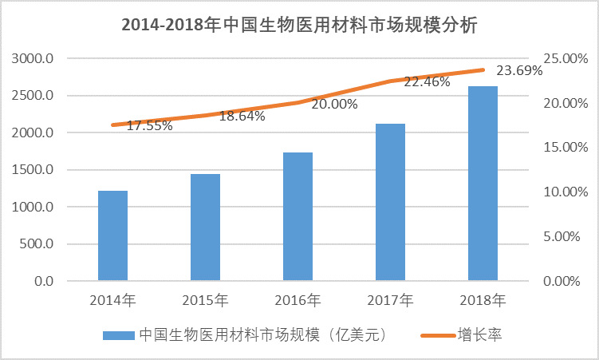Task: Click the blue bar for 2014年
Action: [112, 236]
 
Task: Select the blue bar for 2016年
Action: [298, 216]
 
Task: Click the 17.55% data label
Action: [149, 125]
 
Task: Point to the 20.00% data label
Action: [334, 104]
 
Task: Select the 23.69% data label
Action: [519, 69]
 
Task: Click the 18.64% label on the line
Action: [242, 115]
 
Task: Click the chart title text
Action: [299, 25]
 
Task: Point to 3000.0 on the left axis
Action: [33, 58]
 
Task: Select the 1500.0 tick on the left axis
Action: [33, 170]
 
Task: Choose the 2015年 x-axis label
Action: [205, 301]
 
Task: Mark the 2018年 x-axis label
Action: [483, 301]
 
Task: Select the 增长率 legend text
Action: [479, 334]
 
